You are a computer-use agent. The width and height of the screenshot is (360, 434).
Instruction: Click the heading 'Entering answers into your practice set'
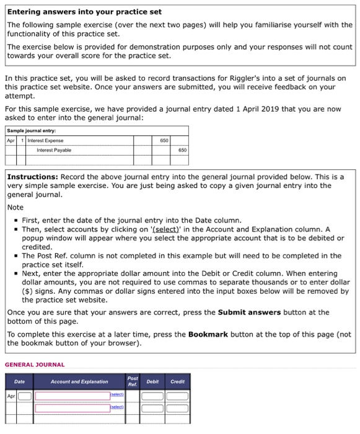pyautogui.click(x=84, y=12)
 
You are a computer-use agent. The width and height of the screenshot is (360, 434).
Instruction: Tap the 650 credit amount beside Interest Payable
pyautogui.click(x=182, y=150)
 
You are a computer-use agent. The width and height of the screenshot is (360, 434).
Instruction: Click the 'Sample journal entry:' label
pyautogui.click(x=31, y=131)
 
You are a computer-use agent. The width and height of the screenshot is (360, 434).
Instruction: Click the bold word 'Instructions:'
pyautogui.click(x=33, y=177)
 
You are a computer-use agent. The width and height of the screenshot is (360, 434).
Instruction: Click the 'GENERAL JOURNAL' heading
pyautogui.click(x=35, y=365)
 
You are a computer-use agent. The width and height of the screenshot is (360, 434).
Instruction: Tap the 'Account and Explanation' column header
pyautogui.click(x=79, y=382)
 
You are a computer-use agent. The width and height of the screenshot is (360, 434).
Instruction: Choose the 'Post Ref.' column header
pyautogui.click(x=133, y=381)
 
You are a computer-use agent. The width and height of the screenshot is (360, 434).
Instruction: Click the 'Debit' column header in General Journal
pyautogui.click(x=154, y=382)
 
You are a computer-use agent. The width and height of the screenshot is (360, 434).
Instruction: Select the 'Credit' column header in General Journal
pyautogui.click(x=178, y=382)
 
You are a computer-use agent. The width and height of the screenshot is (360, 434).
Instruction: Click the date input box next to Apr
pyautogui.click(x=25, y=396)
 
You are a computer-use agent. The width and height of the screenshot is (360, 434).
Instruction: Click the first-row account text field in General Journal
pyautogui.click(x=71, y=396)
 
